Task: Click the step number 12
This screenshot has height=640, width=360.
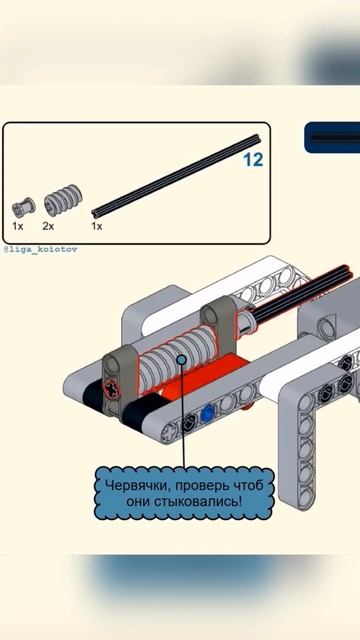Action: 253,160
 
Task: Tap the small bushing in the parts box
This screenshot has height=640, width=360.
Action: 23,207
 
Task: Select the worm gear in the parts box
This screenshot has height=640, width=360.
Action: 63,200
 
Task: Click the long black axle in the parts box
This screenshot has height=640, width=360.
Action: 176,176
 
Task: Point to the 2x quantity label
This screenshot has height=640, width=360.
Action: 48,226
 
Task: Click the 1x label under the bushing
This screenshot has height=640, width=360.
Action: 18,226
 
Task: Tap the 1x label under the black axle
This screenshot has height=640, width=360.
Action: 97,226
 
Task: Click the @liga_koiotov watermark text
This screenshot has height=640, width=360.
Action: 40,249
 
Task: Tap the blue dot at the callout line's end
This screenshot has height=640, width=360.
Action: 181,360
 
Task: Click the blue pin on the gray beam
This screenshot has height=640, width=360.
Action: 208,413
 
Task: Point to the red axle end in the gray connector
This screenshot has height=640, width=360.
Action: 111,387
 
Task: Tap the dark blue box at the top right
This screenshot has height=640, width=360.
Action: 332,138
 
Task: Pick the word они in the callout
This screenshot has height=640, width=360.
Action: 139,502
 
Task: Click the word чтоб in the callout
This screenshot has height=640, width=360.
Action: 248,486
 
